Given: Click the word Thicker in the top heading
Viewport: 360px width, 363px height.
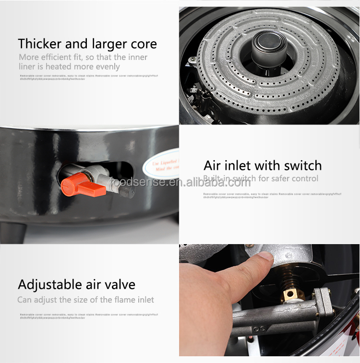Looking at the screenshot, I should pyautogui.click(x=40, y=44).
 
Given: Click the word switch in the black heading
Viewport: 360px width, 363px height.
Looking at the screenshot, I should pyautogui.click(x=301, y=165).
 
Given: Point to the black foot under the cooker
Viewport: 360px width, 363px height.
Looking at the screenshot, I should pyautogui.click(x=13, y=232).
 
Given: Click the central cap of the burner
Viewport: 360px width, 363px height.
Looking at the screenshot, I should pyautogui.click(x=269, y=48).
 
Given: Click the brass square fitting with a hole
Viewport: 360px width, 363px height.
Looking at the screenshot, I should pyautogui.click(x=290, y=294).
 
